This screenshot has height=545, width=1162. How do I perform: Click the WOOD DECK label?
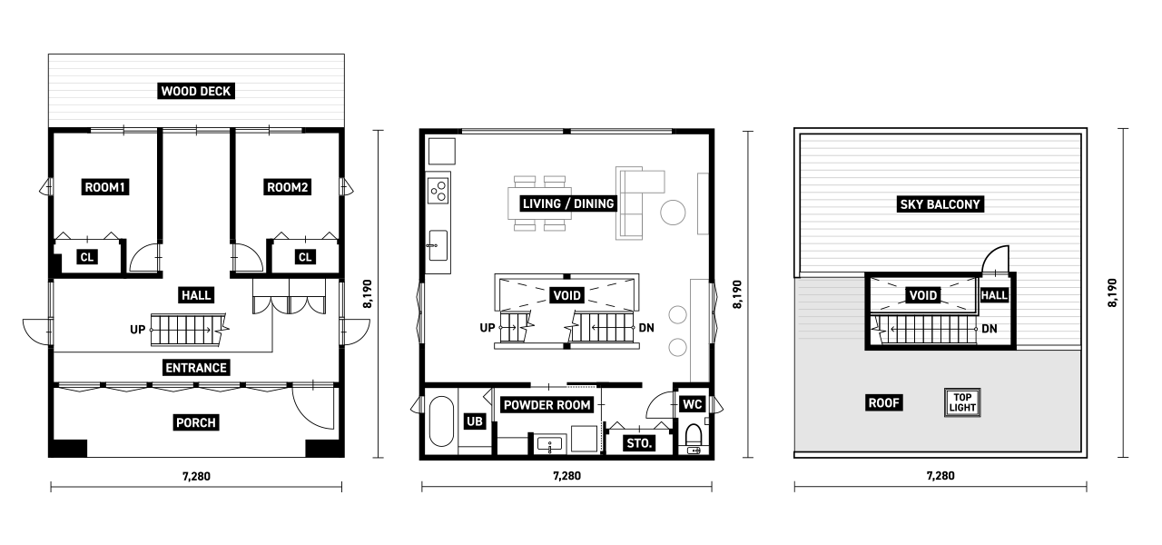[x=196, y=92]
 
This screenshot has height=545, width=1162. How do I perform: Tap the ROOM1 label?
[x=105, y=187]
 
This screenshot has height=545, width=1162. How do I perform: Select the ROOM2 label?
[x=288, y=187]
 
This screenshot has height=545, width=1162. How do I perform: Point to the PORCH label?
[x=195, y=422]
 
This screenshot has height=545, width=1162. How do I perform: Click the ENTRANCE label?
[x=196, y=368]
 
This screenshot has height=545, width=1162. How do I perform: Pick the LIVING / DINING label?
[x=568, y=203]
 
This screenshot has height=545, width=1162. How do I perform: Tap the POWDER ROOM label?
[x=547, y=405]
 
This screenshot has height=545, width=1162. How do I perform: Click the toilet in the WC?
[x=694, y=439]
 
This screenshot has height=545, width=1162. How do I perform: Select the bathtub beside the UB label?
[x=441, y=421]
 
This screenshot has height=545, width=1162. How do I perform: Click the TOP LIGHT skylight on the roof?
[x=962, y=402]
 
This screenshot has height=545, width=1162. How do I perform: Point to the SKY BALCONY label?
[x=940, y=204]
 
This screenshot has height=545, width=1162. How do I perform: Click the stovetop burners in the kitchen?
[x=438, y=190]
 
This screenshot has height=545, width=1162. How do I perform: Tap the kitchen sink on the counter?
[x=438, y=245]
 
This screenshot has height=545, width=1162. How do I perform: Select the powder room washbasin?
[x=549, y=445]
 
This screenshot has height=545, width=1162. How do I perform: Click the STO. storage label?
[x=639, y=443]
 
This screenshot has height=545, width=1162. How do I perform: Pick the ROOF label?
[x=884, y=402]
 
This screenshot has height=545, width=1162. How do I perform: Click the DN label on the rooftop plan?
[x=990, y=329]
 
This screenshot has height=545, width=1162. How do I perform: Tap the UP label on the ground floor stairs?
[x=137, y=330]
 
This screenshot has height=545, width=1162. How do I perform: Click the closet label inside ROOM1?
[x=86, y=257]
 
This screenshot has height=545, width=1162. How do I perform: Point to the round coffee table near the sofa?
[x=673, y=213]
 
